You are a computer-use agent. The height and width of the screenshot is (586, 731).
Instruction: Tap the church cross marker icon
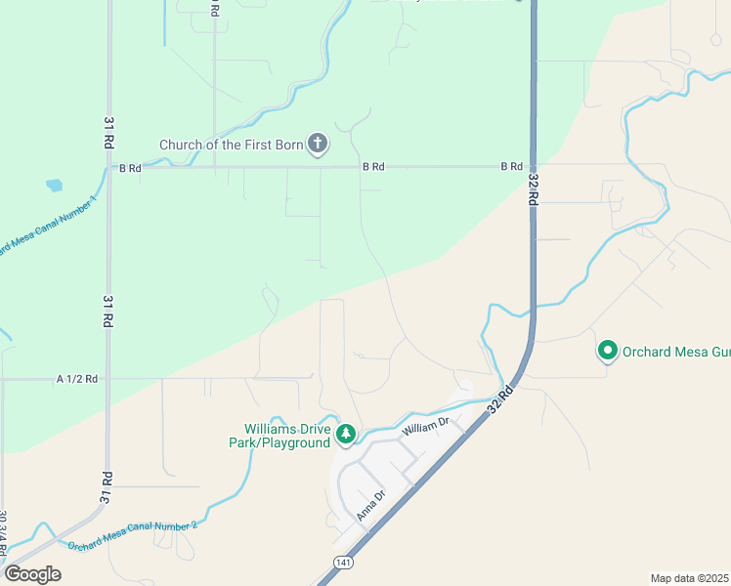coord(317,145)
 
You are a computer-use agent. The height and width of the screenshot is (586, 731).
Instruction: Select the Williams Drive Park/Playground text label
coord(286,436)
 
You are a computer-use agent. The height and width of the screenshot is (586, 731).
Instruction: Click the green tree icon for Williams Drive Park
coord(345,434)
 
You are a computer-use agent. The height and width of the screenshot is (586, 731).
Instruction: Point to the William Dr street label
coord(424,426)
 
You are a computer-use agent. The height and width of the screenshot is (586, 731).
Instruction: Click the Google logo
coord(32,573)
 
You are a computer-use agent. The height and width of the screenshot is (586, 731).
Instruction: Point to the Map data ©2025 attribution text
coord(689,578)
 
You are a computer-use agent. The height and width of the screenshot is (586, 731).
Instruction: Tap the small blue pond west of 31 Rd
coord(53,185)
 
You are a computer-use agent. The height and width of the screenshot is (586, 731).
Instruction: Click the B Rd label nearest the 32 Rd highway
coord(511,167)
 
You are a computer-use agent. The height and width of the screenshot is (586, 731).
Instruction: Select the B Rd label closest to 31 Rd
coord(131,168)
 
